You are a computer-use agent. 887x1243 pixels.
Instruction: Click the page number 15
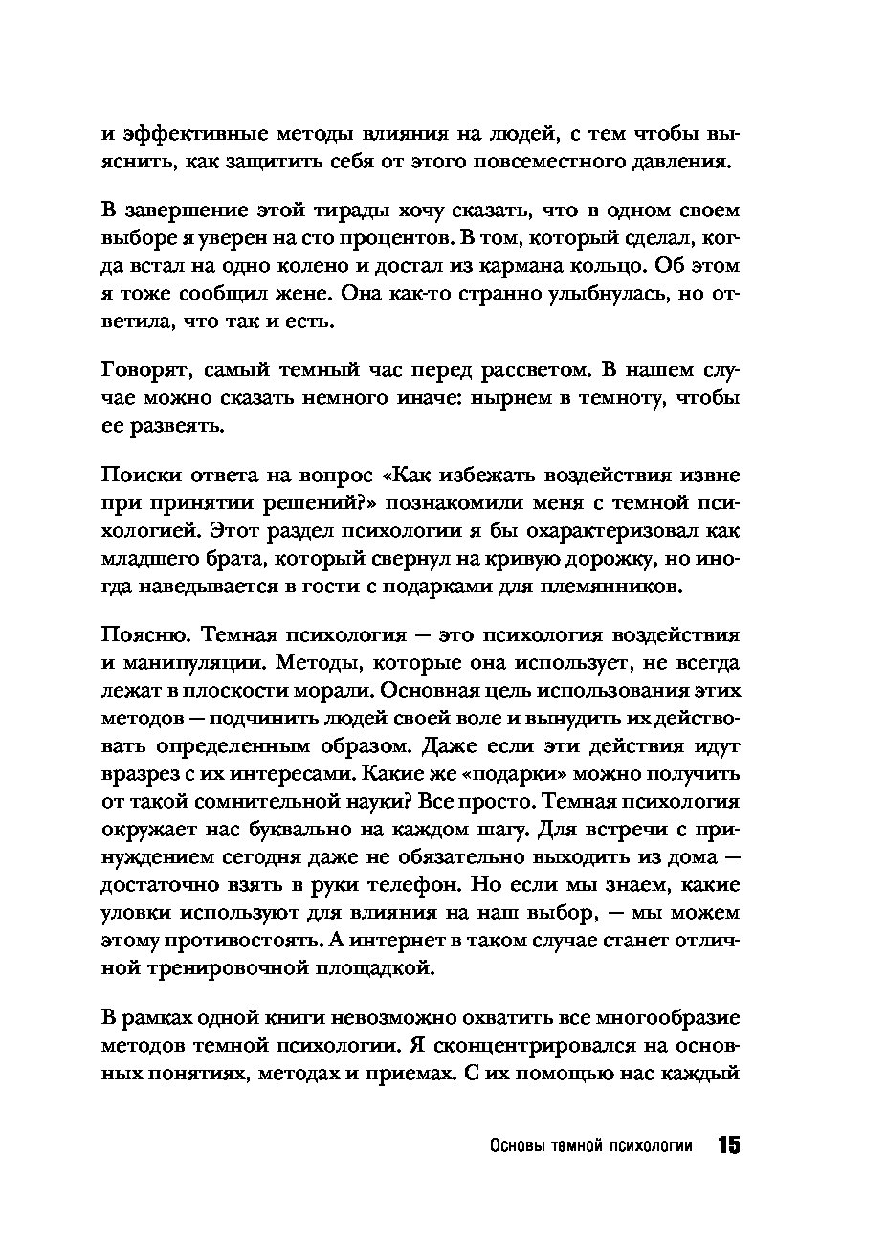point(727,1146)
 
